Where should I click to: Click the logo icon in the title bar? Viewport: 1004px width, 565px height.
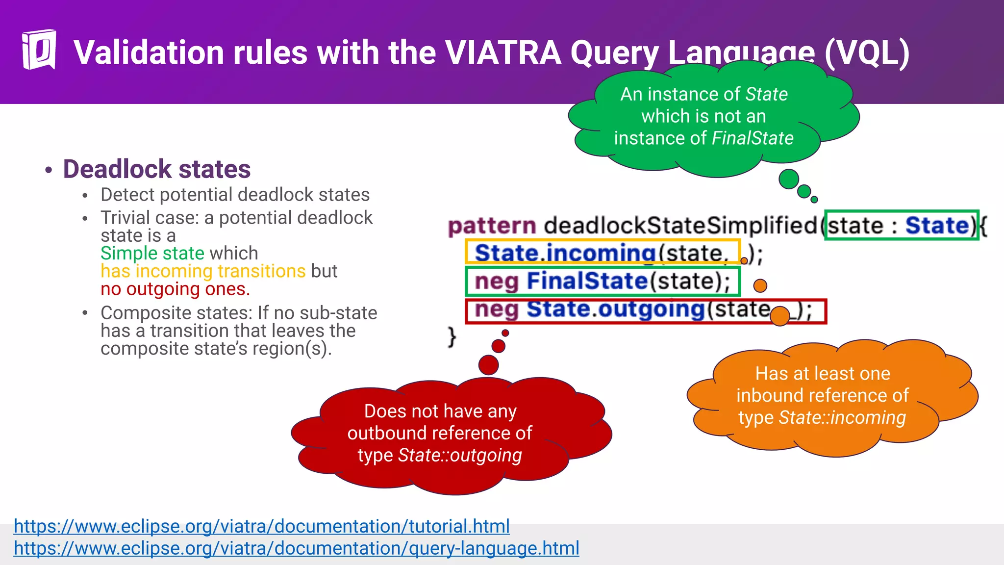[39, 50]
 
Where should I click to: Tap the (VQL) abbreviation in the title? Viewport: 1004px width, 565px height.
[867, 52]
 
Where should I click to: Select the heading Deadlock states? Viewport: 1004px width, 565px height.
[156, 169]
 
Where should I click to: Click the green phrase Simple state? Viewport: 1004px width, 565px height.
[152, 254]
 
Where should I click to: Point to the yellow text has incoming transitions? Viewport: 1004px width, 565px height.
[203, 271]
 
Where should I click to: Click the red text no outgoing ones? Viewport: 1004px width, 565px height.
[175, 289]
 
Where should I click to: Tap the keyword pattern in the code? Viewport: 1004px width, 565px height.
[492, 226]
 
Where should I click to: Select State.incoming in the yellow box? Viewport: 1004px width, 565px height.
[565, 253]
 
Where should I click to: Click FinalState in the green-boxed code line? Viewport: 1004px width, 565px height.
[587, 282]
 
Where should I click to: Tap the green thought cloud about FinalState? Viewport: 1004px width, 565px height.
[704, 117]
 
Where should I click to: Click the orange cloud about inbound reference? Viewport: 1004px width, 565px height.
[823, 396]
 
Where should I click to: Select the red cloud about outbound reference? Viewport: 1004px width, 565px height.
[440, 434]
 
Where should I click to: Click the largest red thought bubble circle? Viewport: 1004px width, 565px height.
[488, 365]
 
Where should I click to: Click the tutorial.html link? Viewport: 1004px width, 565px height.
[261, 526]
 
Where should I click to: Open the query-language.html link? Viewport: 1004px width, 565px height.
[296, 548]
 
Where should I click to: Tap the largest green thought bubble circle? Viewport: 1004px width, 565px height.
[789, 179]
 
